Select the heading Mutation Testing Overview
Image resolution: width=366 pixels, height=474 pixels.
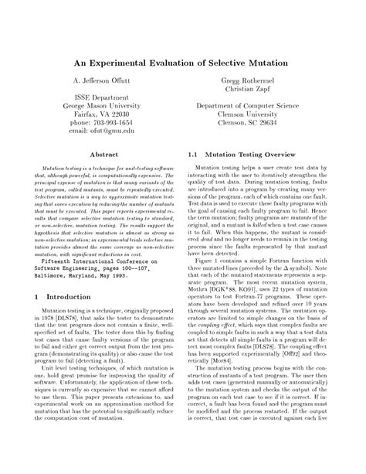click(246, 155)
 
